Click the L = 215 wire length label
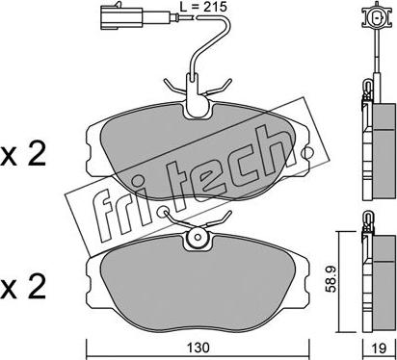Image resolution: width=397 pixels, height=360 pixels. (203, 7)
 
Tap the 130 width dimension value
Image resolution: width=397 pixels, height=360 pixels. (198, 347)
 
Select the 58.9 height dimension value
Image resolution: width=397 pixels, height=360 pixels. (331, 279)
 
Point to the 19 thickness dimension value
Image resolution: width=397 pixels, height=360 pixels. (380, 347)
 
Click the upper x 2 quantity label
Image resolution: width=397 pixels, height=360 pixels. (23, 156)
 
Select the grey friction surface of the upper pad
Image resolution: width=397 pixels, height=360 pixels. (198, 151)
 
